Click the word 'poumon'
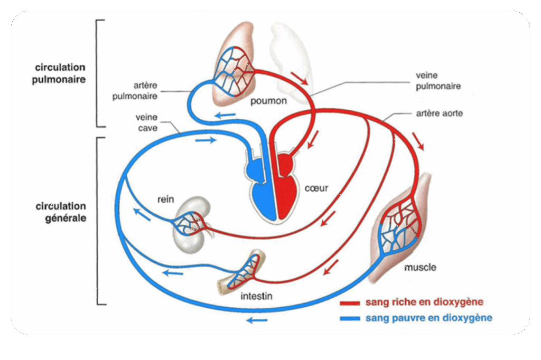(x=268, y=100)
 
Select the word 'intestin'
(x=256, y=296)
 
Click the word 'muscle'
(x=420, y=267)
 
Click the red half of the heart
(x=288, y=193)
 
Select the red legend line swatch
(x=349, y=303)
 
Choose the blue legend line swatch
(x=349, y=318)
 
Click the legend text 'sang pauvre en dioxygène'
(x=428, y=318)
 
